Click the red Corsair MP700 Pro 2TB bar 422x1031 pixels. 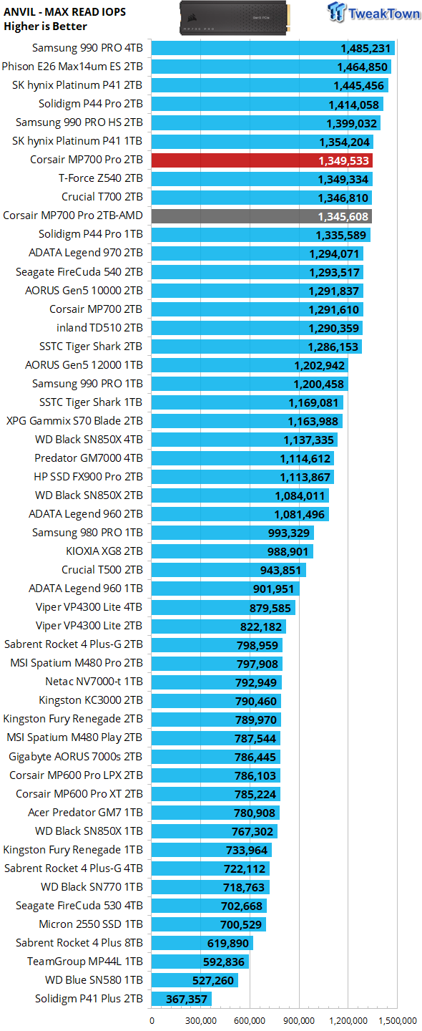click(x=262, y=160)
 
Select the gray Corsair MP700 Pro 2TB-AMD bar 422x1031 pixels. click(x=262, y=216)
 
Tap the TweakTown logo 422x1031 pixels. click(x=373, y=12)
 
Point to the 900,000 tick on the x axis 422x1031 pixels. click(x=299, y=1020)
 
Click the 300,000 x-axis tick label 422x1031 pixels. click(x=201, y=1020)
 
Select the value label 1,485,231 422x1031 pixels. click(x=365, y=49)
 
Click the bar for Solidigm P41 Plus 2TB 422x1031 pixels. click(x=182, y=999)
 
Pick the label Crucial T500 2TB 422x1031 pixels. click(x=102, y=570)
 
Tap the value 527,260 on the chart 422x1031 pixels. click(x=213, y=980)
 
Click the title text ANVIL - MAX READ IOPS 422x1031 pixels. click(x=65, y=12)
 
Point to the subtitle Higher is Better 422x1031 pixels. click(x=45, y=26)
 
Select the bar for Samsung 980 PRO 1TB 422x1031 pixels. click(x=232, y=533)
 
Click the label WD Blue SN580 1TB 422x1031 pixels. click(x=94, y=980)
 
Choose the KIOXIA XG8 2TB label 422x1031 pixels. click(x=104, y=551)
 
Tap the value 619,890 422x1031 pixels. click(x=227, y=943)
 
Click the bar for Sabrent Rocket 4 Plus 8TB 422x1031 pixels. click(x=202, y=943)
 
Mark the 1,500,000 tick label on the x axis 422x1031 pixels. click(x=398, y=1020)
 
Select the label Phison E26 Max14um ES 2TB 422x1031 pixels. click(x=72, y=67)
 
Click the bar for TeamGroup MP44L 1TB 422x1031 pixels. click(x=200, y=962)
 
